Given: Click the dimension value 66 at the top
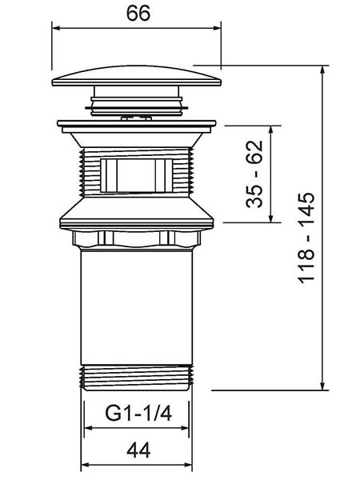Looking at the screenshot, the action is click(138, 14).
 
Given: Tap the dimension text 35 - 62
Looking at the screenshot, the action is click(254, 174).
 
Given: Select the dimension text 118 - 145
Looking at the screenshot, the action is click(306, 238).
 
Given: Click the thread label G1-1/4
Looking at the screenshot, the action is click(138, 413).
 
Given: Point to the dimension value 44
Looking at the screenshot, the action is click(138, 450).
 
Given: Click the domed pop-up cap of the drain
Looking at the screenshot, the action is click(137, 76).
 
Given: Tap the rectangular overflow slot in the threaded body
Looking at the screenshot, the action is click(137, 175).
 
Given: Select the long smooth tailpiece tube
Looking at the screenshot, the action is click(137, 306).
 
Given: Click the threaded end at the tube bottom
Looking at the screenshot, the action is click(137, 378).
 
